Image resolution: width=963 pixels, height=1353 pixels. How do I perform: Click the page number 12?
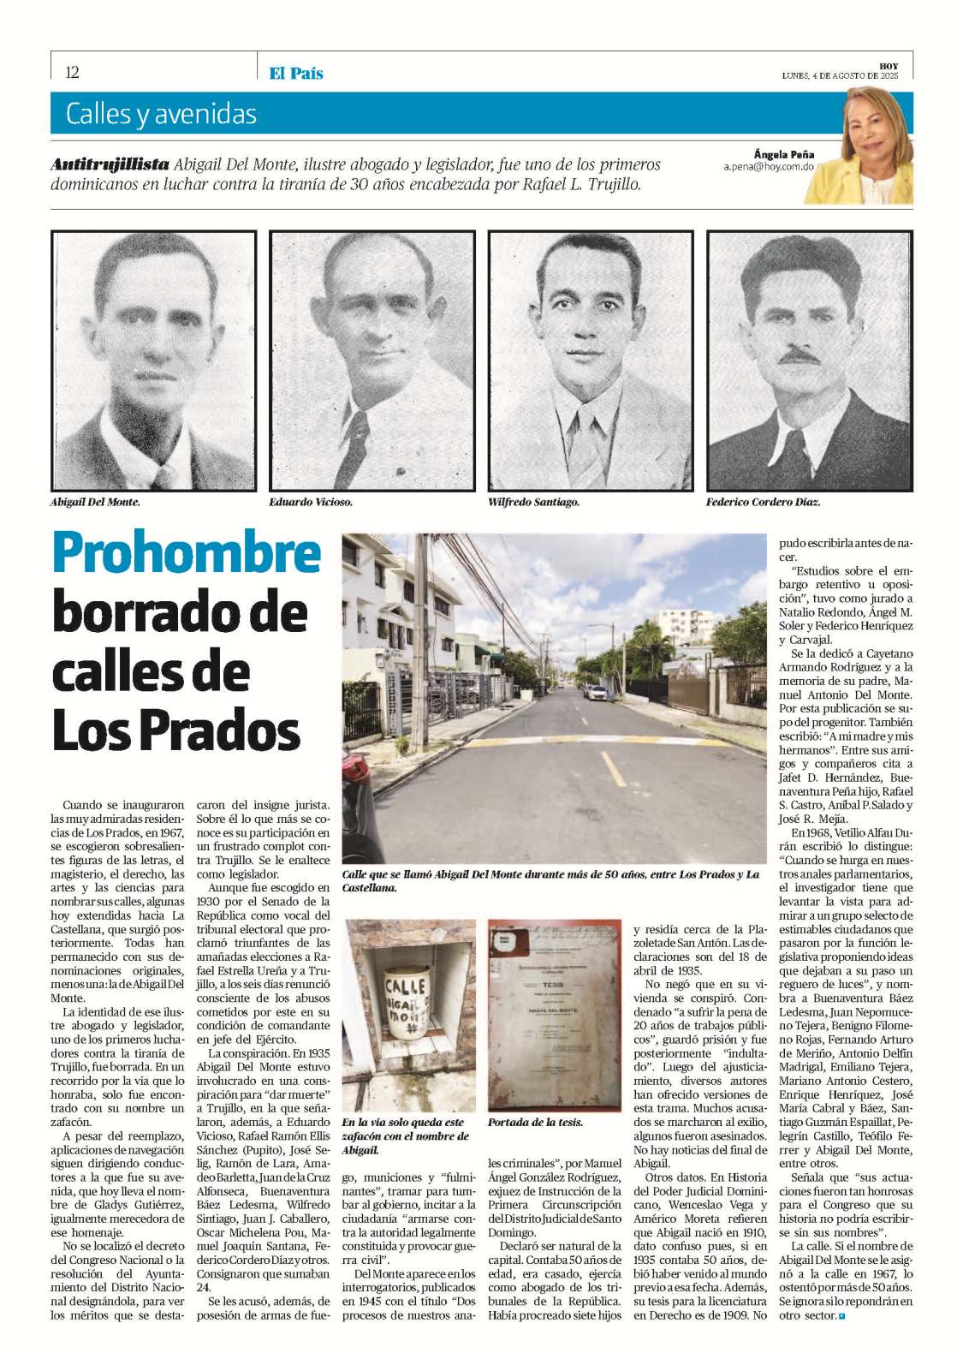click(72, 72)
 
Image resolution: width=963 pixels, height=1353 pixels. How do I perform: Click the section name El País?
click(295, 74)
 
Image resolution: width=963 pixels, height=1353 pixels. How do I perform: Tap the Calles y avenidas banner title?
click(161, 114)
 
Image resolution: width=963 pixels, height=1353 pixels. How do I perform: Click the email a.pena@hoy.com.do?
click(769, 168)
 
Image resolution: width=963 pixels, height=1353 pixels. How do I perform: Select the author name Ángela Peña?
click(783, 154)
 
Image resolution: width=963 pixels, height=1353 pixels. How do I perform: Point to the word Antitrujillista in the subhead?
click(110, 164)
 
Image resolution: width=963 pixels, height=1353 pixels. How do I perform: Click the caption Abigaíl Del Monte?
click(95, 502)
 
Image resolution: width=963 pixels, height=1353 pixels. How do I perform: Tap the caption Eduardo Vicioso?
click(311, 502)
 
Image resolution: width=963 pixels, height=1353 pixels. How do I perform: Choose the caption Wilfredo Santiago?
click(533, 502)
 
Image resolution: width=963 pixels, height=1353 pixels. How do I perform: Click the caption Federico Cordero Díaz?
click(763, 502)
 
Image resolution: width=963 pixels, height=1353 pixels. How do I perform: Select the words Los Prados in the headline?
click(176, 731)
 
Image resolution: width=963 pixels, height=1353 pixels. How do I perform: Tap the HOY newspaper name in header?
click(889, 66)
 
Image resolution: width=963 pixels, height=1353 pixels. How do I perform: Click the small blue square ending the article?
click(841, 1315)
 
